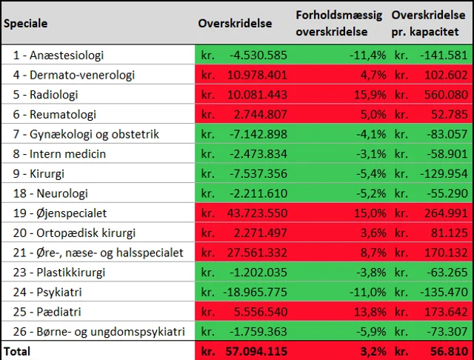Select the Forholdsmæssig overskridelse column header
pos(337,23)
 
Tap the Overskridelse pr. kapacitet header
pos(429,23)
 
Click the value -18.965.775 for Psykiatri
pos(254,292)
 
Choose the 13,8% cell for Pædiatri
pos(369,312)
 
